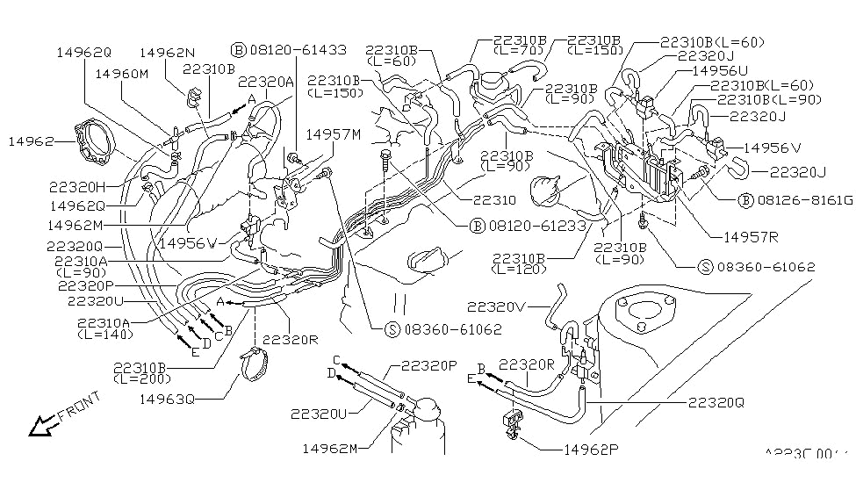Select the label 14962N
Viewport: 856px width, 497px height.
pos(166,53)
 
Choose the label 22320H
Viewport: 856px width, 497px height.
pos(76,187)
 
